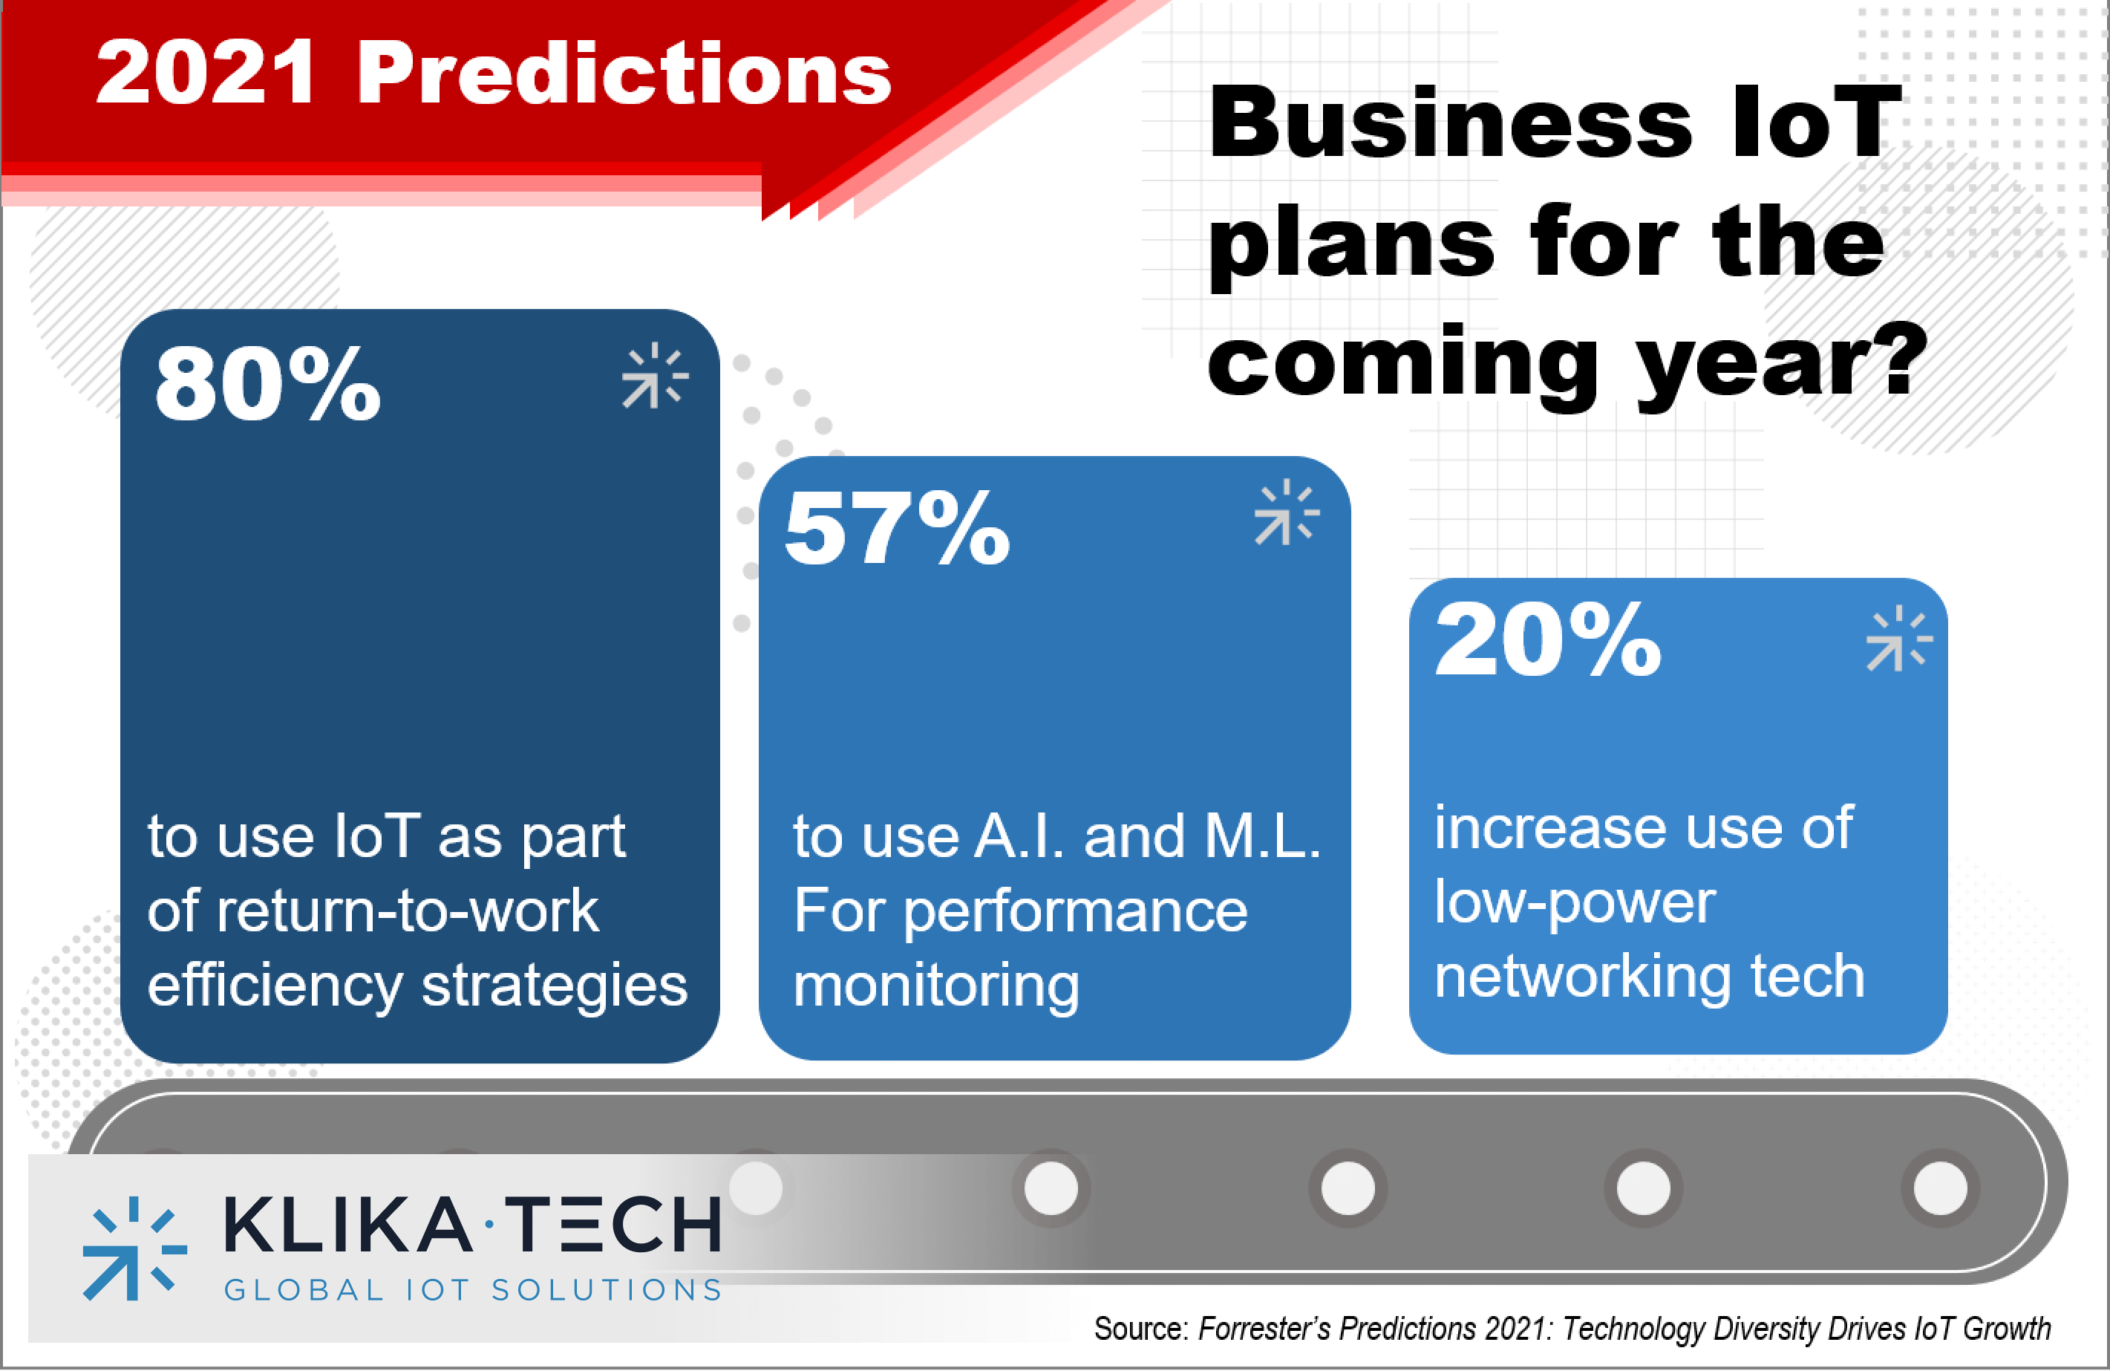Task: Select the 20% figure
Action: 1547,639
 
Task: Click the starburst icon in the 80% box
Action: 654,376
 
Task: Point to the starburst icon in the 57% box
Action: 1287,512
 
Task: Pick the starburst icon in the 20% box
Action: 1898,639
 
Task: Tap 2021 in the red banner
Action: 205,73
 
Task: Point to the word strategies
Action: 554,986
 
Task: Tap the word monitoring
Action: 936,986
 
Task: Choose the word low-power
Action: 1575,903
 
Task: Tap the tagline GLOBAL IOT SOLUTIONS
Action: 474,1289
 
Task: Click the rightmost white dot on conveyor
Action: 1940,1188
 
